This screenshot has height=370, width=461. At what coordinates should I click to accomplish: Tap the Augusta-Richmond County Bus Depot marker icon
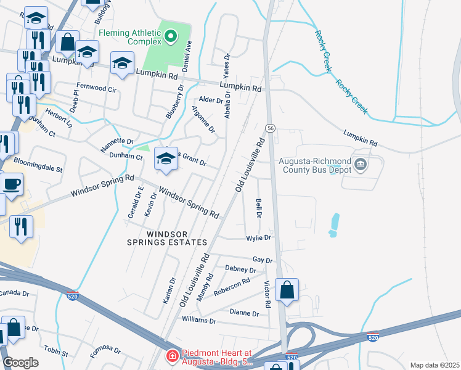pyautogui.click(x=362, y=165)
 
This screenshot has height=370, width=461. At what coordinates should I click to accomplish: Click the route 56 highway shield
pyautogui.click(x=271, y=128)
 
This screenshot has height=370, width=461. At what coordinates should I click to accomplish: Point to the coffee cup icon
pyautogui.click(x=11, y=183)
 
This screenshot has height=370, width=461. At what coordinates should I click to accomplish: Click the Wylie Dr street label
pyautogui.click(x=259, y=237)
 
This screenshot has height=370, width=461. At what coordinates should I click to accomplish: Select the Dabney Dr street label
pyautogui.click(x=240, y=269)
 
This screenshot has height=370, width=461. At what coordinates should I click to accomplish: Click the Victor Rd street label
pyautogui.click(x=267, y=295)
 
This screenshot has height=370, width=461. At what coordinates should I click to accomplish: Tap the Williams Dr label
pyautogui.click(x=199, y=321)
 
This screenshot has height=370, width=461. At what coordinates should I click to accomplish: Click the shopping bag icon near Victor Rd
pyautogui.click(x=287, y=289)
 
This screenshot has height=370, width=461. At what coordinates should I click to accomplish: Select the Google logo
pyautogui.click(x=20, y=363)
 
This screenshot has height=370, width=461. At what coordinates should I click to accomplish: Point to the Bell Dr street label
pyautogui.click(x=258, y=207)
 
